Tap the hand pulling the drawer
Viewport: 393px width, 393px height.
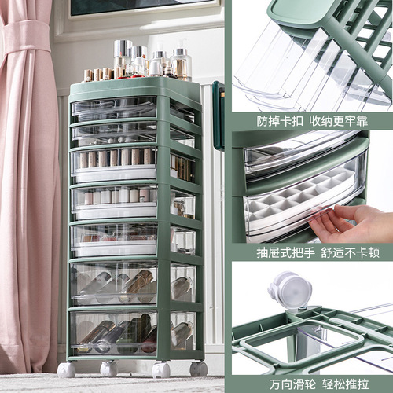click(350, 224)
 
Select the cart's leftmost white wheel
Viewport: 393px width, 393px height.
click(67, 369)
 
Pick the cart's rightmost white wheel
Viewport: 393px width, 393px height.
click(198, 368)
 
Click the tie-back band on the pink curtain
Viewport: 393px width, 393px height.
click(25, 35)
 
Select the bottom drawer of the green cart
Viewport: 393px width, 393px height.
click(118, 332)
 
